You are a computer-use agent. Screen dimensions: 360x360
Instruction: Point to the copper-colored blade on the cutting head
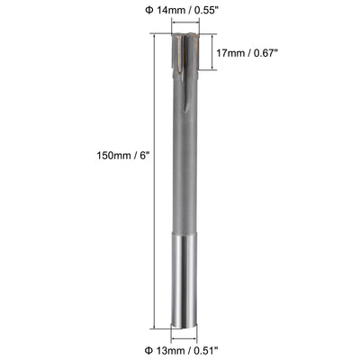point(191,49)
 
